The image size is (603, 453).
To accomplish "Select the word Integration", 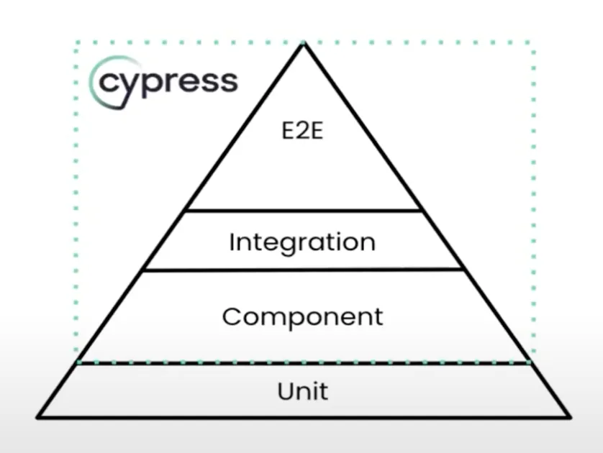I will click(x=302, y=242).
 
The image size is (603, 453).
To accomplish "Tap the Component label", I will click(x=302, y=316).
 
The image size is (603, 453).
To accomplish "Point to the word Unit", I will click(x=302, y=391).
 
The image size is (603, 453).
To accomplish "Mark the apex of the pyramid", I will click(x=303, y=45).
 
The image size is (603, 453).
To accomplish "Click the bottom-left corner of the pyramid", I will click(x=39, y=416).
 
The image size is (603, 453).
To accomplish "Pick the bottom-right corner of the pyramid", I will click(x=569, y=416).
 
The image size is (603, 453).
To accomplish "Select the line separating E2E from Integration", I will click(x=302, y=211).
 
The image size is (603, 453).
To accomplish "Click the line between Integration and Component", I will click(x=302, y=270).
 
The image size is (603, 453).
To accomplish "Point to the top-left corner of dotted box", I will click(x=76, y=42).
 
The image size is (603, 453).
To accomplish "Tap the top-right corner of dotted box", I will click(x=532, y=42).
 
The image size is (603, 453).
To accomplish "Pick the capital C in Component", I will click(x=231, y=316).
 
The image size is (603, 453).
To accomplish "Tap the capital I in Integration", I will click(x=232, y=242).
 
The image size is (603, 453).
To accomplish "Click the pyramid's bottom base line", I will click(x=302, y=416).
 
